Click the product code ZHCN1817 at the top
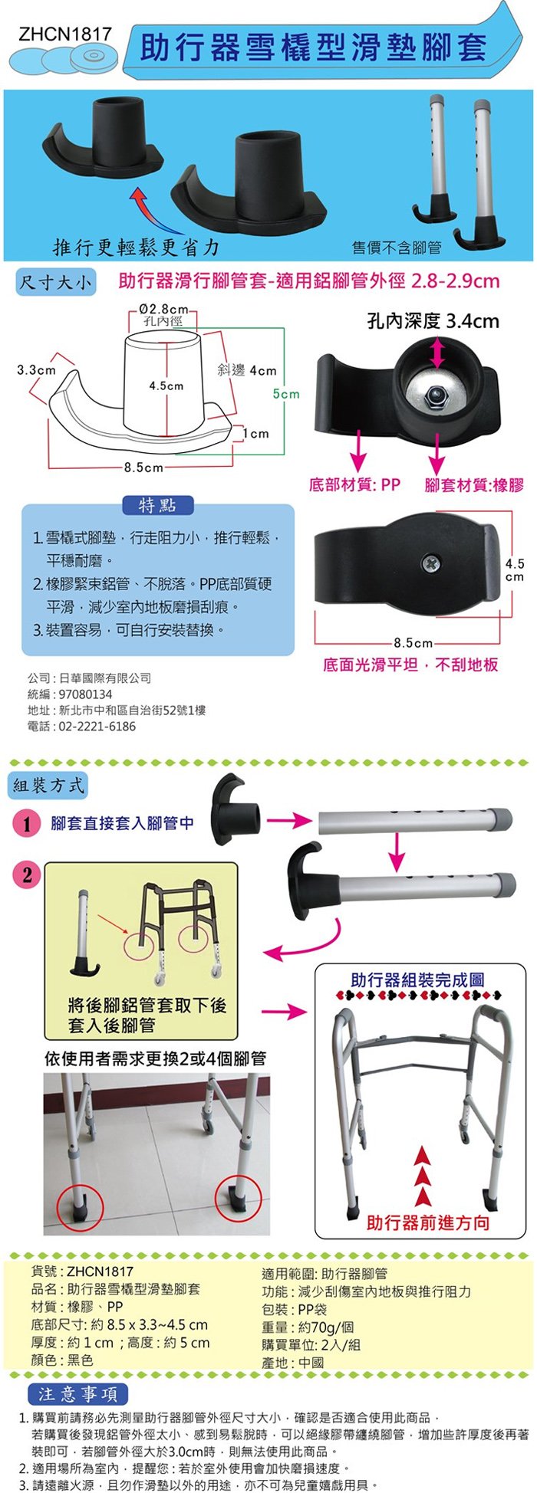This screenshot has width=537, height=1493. coord(65,34)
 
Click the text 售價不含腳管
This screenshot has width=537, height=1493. coord(397,247)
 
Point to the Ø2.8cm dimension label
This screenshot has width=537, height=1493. coord(164,309)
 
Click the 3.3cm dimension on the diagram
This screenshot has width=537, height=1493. coord(36,370)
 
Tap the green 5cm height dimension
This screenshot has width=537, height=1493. coord(286,394)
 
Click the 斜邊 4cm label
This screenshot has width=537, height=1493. coord(246,370)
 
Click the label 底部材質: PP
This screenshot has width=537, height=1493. coord(354,484)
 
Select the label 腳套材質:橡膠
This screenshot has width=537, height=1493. coord(474,484)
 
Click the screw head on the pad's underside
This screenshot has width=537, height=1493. coord(431,563)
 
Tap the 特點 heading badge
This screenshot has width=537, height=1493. coord(158,505)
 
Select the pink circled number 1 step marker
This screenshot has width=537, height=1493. coord(27,824)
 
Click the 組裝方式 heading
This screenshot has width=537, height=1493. coord(48,785)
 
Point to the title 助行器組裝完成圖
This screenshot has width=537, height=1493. coord(417,979)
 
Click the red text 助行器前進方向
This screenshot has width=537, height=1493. coord(428,1222)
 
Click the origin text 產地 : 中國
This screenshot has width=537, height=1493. coord(292,1363)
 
